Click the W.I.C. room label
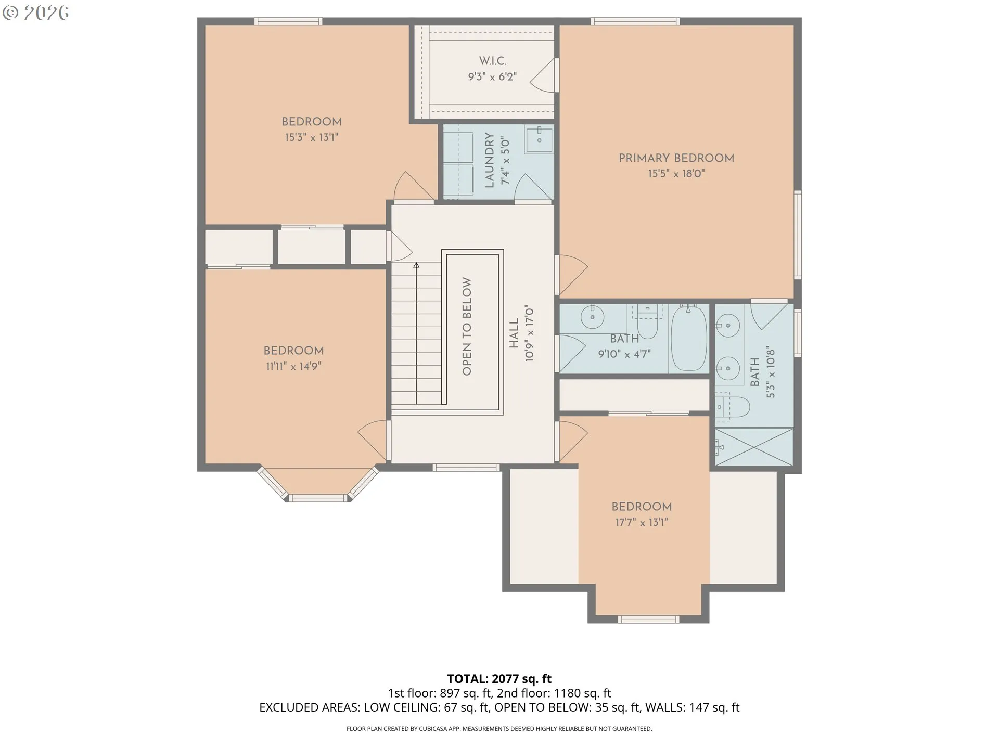[x=492, y=61]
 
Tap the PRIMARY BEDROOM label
[x=676, y=158]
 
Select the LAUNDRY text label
[x=489, y=160]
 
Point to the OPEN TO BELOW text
[x=467, y=326]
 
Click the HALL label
[x=514, y=333]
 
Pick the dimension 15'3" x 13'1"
[x=311, y=137]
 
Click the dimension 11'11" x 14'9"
[x=293, y=366]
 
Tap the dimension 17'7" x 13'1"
[x=642, y=522]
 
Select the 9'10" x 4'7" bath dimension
[x=624, y=354]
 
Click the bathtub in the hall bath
[x=689, y=338]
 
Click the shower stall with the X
[x=754, y=447]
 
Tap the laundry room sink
[x=539, y=139]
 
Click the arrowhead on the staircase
[x=416, y=265]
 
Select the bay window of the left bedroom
[x=318, y=485]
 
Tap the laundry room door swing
[x=532, y=187]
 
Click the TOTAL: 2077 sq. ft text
[x=499, y=679]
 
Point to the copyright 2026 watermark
[x=35, y=13]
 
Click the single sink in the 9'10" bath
[x=592, y=317]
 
